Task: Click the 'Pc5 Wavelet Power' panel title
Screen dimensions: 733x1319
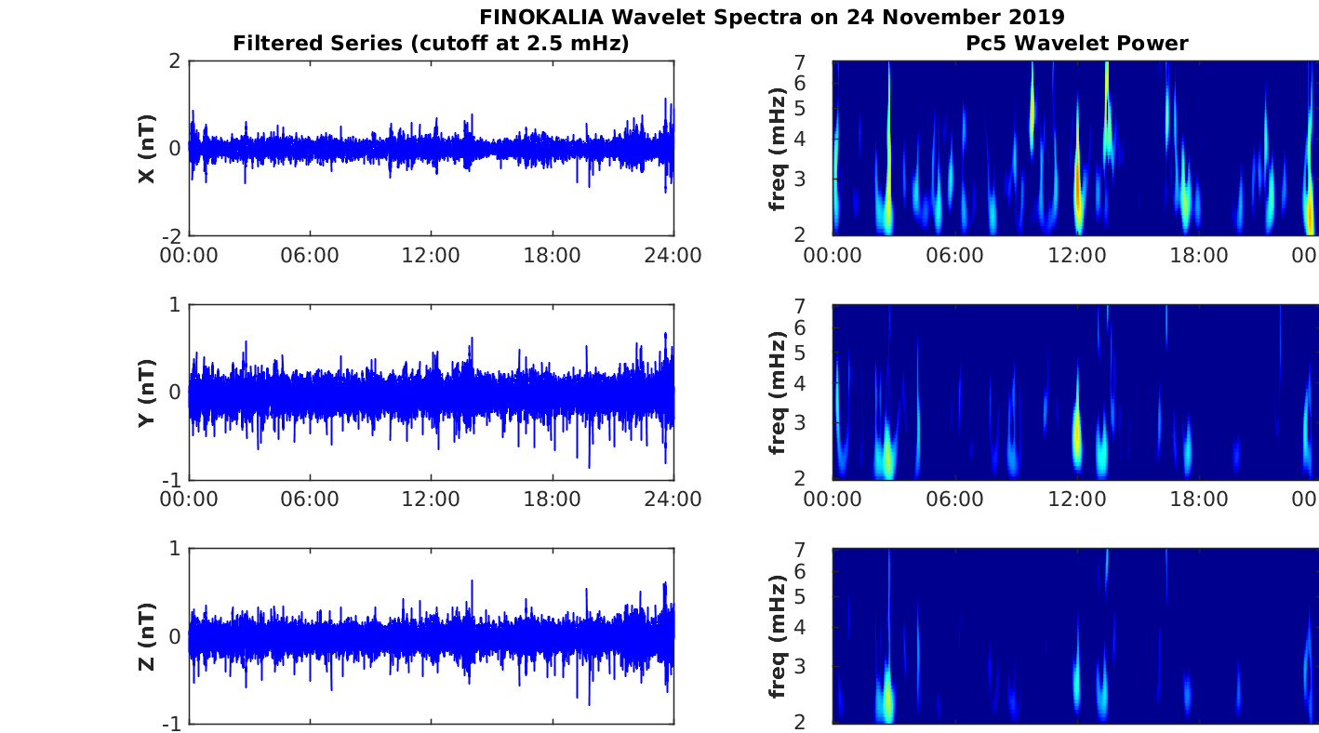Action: tap(1089, 43)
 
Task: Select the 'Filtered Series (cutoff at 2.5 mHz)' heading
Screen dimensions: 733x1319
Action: tap(431, 43)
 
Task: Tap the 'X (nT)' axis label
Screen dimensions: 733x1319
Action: tap(146, 149)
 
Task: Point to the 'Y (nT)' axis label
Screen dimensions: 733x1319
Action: tap(146, 393)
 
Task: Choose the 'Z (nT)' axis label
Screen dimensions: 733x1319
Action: tap(146, 636)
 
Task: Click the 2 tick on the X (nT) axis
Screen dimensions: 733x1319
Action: tap(174, 61)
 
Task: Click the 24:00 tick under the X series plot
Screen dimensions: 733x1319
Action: tap(673, 256)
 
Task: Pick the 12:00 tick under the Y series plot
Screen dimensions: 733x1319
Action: tap(431, 500)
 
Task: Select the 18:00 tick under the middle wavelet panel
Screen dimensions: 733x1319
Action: tap(1199, 500)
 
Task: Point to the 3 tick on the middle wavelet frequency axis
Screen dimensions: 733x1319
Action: tap(823, 422)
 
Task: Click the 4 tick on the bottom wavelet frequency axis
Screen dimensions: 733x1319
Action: tap(823, 627)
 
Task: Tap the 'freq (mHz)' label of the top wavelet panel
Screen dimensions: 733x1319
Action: tap(779, 149)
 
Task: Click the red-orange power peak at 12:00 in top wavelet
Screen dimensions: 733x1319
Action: tap(1078, 200)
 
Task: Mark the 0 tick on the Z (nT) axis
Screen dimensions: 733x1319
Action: tap(174, 636)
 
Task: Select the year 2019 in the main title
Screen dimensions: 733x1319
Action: tap(1036, 17)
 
